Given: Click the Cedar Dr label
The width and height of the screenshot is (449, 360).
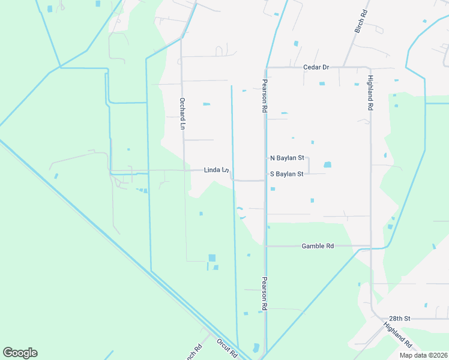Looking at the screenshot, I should (x=316, y=67).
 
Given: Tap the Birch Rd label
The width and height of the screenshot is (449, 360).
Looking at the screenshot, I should (x=360, y=21).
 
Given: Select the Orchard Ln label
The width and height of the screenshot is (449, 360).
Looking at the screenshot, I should (x=182, y=114).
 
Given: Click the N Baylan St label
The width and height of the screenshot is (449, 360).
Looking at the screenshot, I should (x=287, y=158).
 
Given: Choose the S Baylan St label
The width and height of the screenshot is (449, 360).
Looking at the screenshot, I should (x=287, y=174).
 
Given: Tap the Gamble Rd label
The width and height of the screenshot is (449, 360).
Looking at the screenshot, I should (x=318, y=246).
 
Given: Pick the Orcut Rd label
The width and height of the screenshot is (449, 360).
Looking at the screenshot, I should (x=227, y=349).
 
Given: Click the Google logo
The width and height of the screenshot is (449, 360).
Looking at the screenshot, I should (x=20, y=353).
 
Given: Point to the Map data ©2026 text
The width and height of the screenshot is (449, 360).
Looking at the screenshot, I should (x=423, y=355).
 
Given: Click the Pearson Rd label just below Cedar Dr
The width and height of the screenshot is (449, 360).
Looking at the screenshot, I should (x=264, y=96).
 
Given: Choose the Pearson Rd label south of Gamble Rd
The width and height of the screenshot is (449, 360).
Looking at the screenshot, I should (x=264, y=293).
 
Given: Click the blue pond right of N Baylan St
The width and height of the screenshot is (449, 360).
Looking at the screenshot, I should (x=327, y=164).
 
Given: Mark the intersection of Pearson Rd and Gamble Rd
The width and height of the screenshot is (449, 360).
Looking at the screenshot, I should (x=265, y=246).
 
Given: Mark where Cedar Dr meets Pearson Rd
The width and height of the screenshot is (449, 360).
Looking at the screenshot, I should (x=265, y=67).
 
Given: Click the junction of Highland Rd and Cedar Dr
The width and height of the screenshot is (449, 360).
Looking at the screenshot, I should (x=370, y=67).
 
